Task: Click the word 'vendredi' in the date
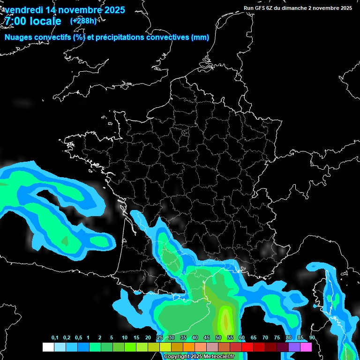[22, 10]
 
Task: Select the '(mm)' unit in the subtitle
[200, 37]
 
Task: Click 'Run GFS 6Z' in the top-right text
[259, 8]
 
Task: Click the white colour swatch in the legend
[48, 347]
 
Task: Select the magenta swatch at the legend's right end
[306, 347]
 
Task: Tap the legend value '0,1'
[55, 337]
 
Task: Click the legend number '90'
[312, 337]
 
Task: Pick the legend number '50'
[218, 337]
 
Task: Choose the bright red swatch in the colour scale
[247, 347]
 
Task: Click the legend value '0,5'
[78, 337]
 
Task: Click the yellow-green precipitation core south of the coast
[226, 321]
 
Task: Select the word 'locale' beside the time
[47, 22]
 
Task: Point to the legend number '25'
[160, 337]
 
